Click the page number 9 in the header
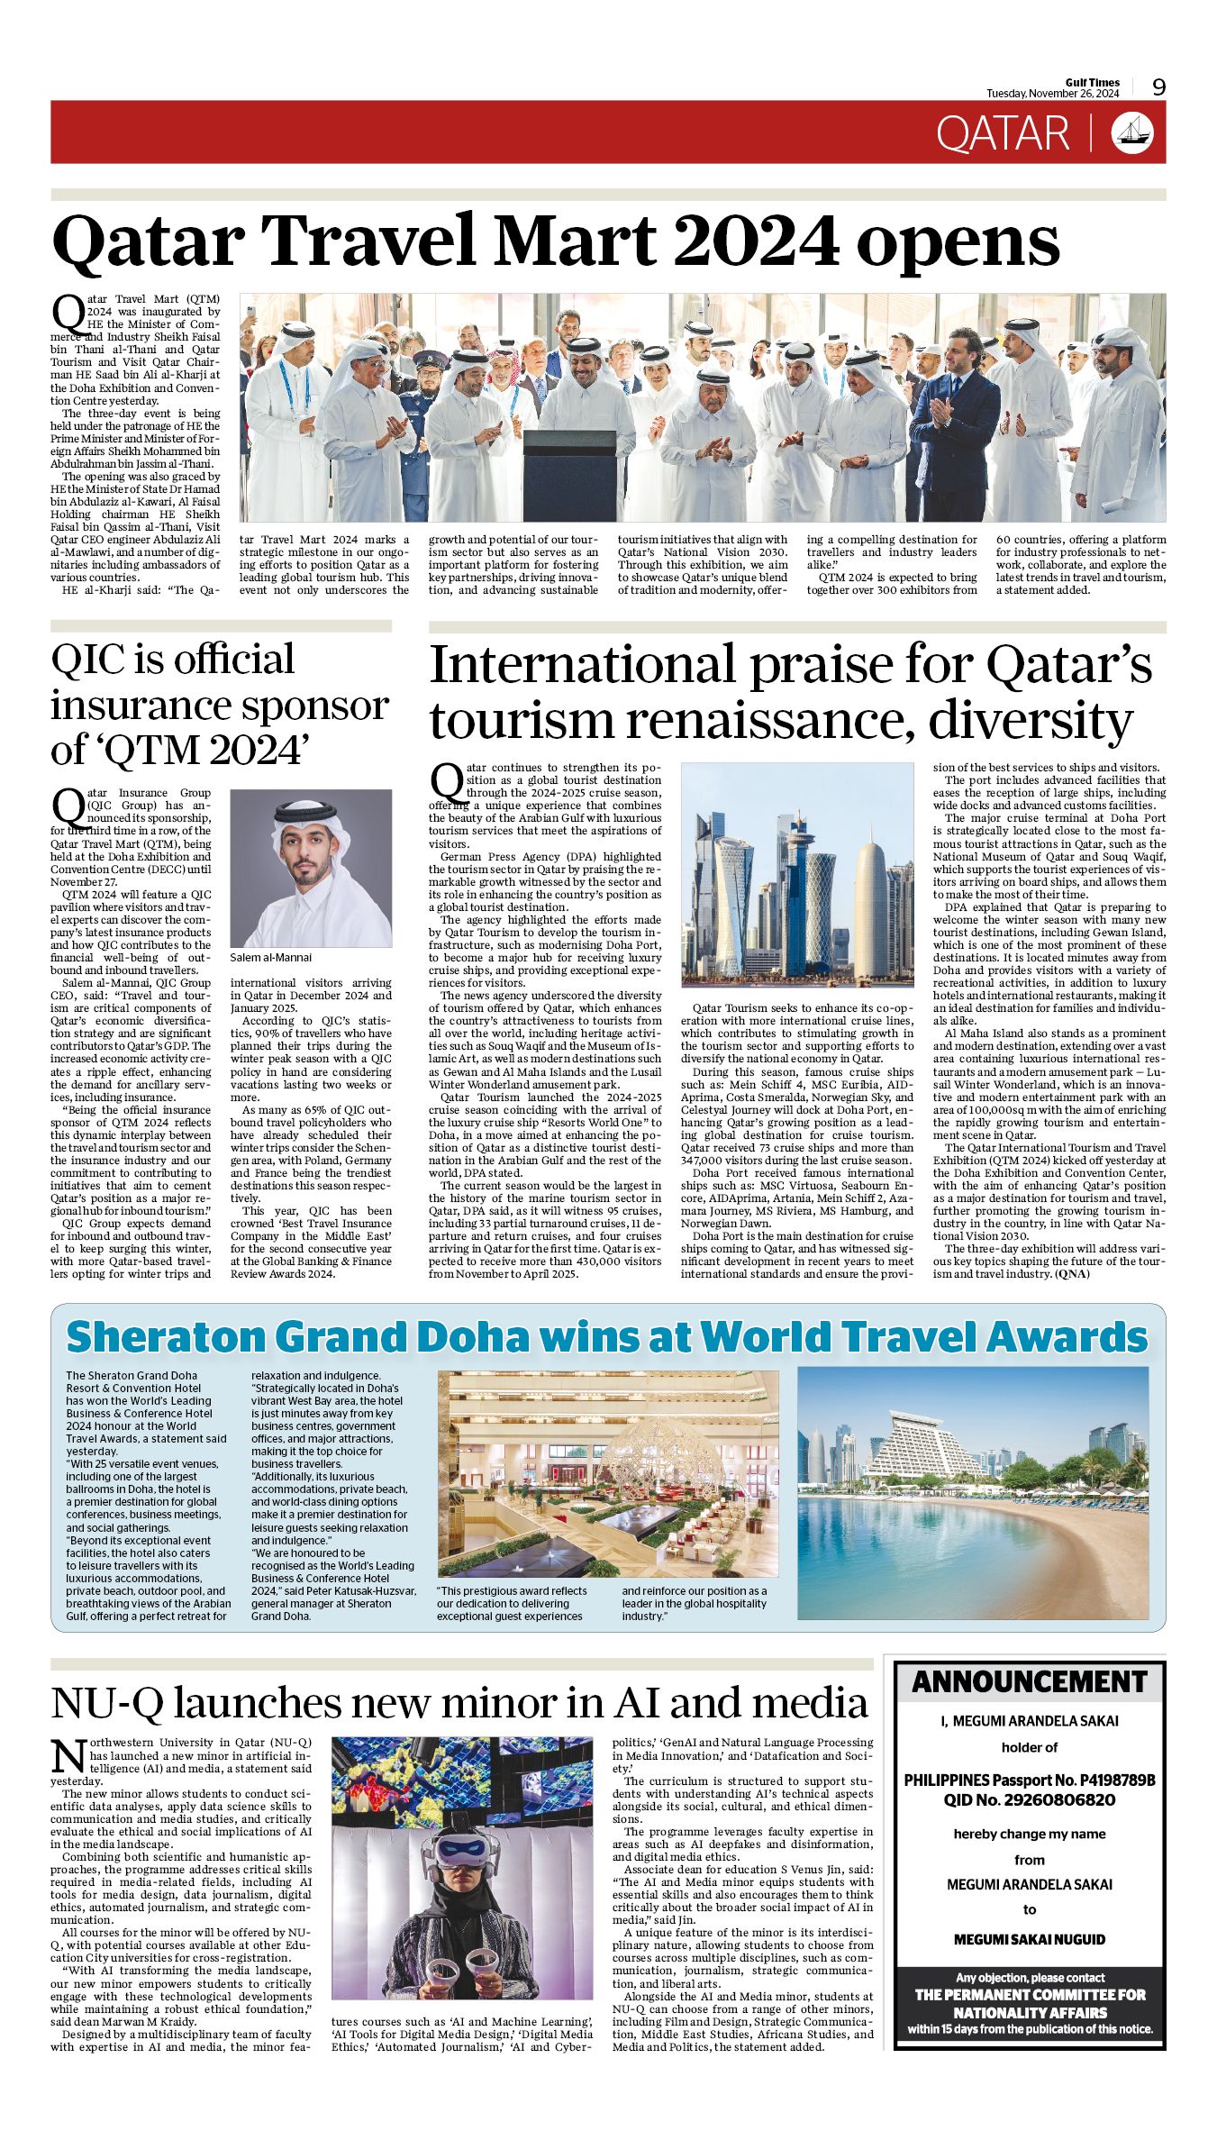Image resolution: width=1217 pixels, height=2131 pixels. click(1158, 87)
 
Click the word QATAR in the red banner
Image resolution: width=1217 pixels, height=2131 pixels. click(1002, 134)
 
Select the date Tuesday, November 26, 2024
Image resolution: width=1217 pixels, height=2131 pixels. click(1052, 94)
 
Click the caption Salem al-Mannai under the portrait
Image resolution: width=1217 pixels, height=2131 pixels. click(271, 958)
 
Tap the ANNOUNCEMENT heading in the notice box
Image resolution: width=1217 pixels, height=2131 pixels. click(1030, 1682)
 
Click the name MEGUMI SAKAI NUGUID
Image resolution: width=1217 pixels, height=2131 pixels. click(1030, 1939)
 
